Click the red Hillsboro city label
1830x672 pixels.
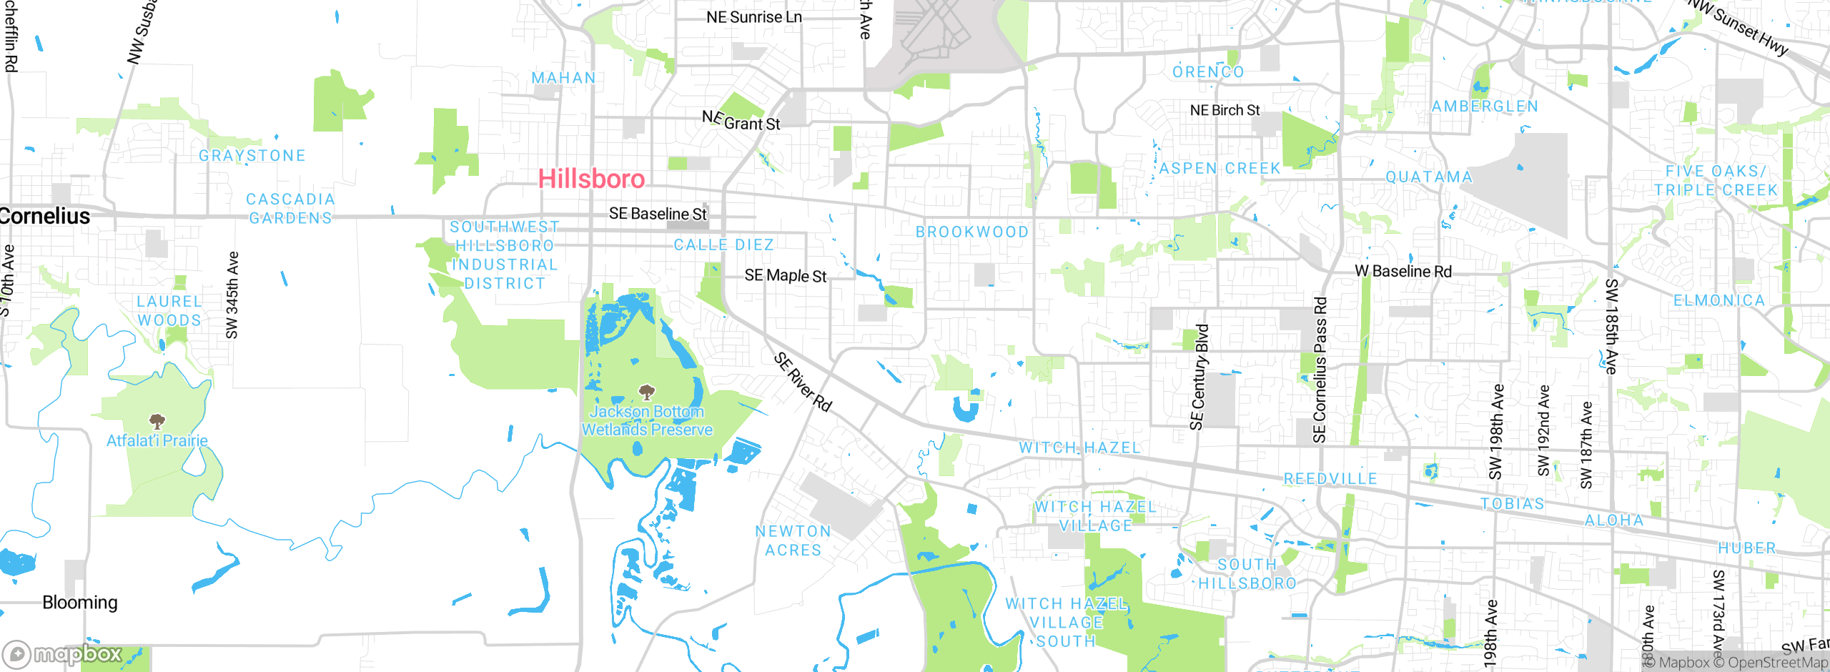pos(591,179)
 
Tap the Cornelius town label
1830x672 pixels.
pos(45,216)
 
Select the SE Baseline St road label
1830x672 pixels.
pos(657,214)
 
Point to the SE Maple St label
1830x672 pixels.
pos(785,275)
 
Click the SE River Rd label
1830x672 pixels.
pos(803,382)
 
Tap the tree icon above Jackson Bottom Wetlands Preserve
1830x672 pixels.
pos(647,392)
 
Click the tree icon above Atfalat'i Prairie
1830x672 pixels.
pos(157,421)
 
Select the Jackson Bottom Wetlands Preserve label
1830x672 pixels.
pos(646,420)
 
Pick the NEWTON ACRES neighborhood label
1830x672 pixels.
pos(793,540)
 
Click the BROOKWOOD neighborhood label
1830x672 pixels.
pos(972,232)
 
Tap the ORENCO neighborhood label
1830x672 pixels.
pos(1208,71)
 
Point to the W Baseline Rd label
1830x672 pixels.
pos(1403,271)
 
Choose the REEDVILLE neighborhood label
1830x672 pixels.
pos(1330,478)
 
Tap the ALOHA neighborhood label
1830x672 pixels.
pos(1614,520)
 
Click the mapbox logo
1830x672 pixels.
pos(63,653)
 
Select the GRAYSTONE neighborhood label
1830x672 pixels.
pos(252,155)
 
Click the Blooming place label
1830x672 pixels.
pos(80,602)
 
